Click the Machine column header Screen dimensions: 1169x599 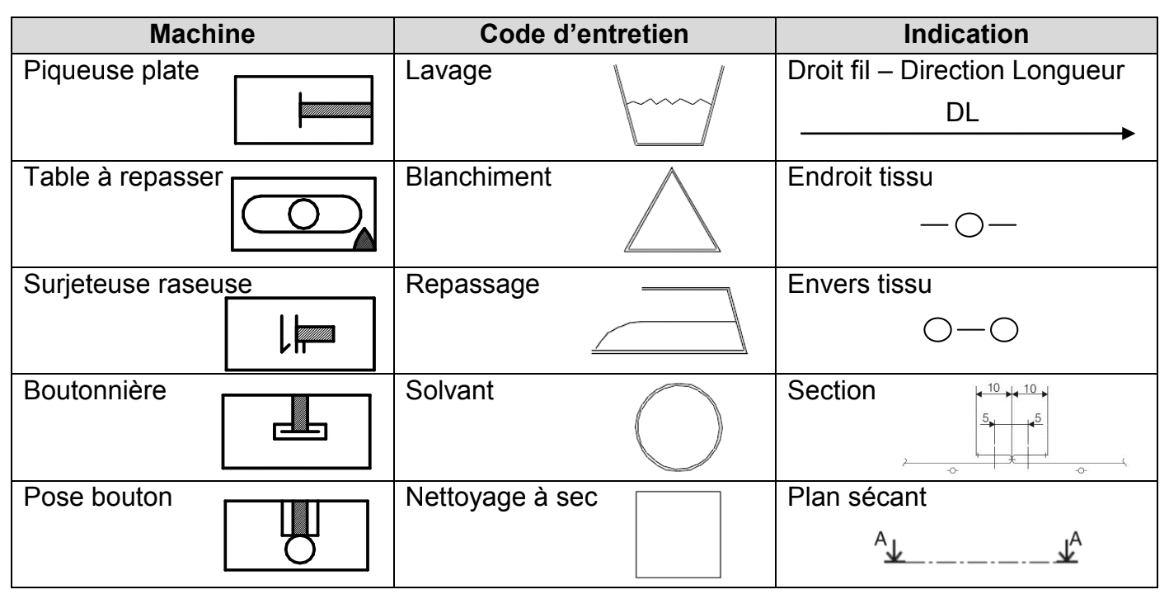pos(203,35)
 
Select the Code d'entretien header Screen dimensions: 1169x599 pos(584,35)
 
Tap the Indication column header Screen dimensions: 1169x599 pos(966,35)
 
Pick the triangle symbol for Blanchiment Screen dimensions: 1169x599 pos(647,209)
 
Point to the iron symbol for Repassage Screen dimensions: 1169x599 pos(669,351)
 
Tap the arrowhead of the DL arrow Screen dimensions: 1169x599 pos(1129,134)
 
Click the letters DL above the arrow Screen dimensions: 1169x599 pos(962,112)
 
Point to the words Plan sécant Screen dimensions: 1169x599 pos(857,497)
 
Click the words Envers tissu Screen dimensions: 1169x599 pos(860,284)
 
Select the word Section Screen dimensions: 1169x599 pos(831,390)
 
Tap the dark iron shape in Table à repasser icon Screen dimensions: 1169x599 pos(364,241)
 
